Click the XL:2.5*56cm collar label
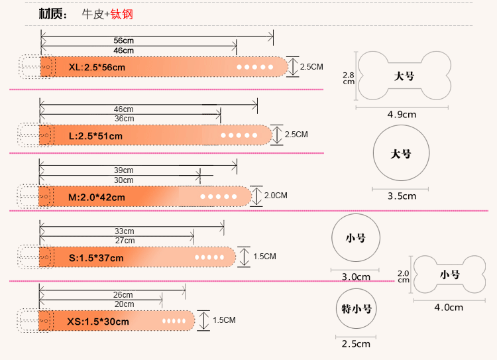97,67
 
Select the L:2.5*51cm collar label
96,136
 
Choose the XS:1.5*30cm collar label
97,322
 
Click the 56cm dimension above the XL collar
123,40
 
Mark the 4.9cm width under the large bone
402,114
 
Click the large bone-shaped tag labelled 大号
404,76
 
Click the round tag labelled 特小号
356,309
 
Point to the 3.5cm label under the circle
402,196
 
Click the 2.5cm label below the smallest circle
356,343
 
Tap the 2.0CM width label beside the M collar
276,196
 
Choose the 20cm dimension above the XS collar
124,304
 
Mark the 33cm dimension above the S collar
124,231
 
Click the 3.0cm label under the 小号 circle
355,276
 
